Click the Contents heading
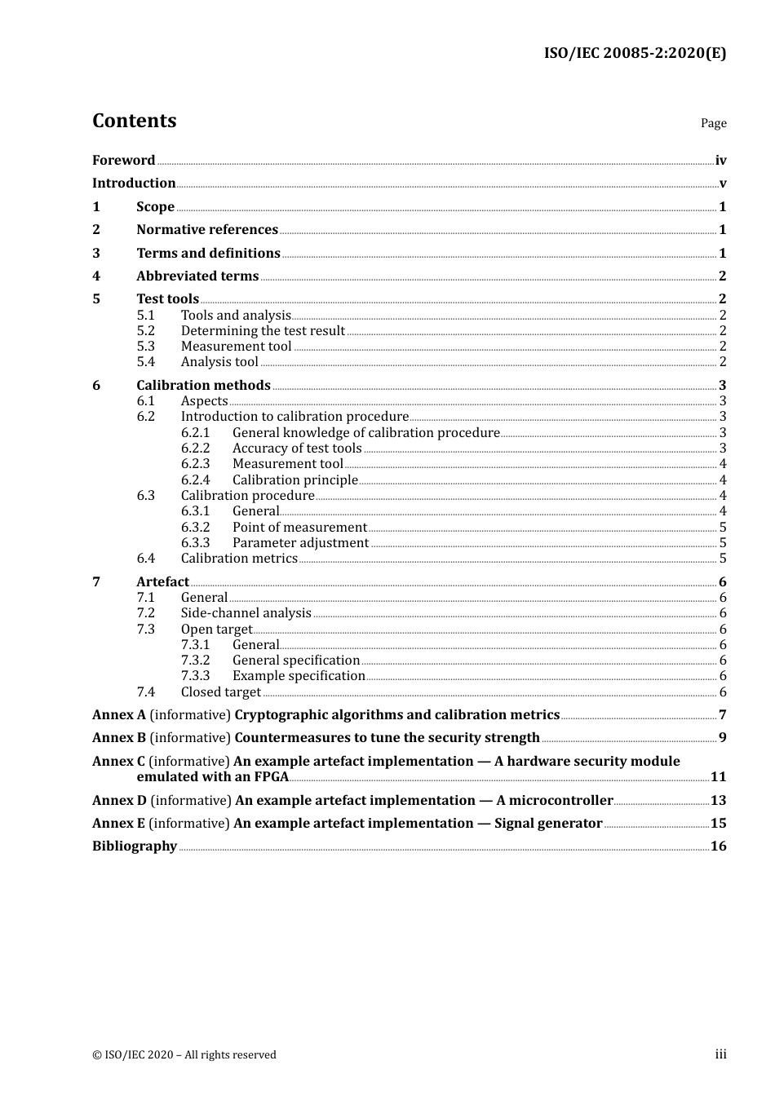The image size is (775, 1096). (x=134, y=121)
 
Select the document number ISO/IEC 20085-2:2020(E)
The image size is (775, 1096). (x=635, y=54)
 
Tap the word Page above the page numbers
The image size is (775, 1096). (x=713, y=123)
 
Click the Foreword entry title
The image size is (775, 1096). (x=123, y=161)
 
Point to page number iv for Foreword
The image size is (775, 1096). (x=720, y=161)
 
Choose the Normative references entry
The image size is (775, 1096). (x=207, y=230)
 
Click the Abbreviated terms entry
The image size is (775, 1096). (x=197, y=276)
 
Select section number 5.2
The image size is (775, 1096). (x=145, y=331)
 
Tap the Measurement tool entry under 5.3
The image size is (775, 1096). (x=236, y=347)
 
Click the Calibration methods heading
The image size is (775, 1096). (x=203, y=386)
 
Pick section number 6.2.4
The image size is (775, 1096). (x=195, y=480)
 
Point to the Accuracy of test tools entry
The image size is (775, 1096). (x=297, y=449)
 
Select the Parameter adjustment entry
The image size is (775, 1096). (x=300, y=543)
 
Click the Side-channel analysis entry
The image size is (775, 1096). (x=246, y=613)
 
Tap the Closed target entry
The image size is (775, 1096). (x=220, y=692)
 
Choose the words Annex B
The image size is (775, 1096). (x=119, y=738)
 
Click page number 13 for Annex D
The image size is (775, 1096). (x=718, y=801)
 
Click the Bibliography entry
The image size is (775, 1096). (x=135, y=846)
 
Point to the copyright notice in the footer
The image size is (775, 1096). (x=184, y=1055)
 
